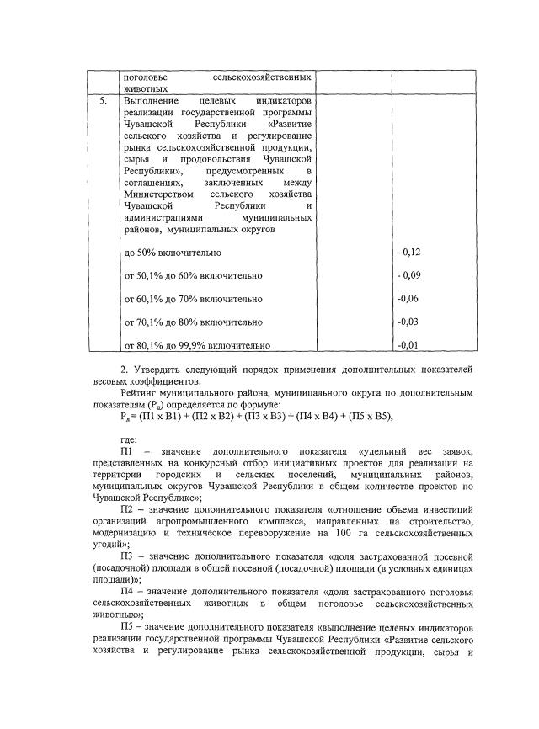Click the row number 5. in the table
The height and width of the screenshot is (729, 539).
tap(103, 101)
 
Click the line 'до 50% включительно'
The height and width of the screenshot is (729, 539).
tap(173, 252)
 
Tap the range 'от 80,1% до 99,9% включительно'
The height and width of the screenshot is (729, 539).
tap(197, 344)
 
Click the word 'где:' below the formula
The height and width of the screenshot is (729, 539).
tap(130, 439)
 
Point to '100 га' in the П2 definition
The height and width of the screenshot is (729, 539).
tap(342, 533)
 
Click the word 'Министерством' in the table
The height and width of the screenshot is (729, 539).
tap(157, 193)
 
